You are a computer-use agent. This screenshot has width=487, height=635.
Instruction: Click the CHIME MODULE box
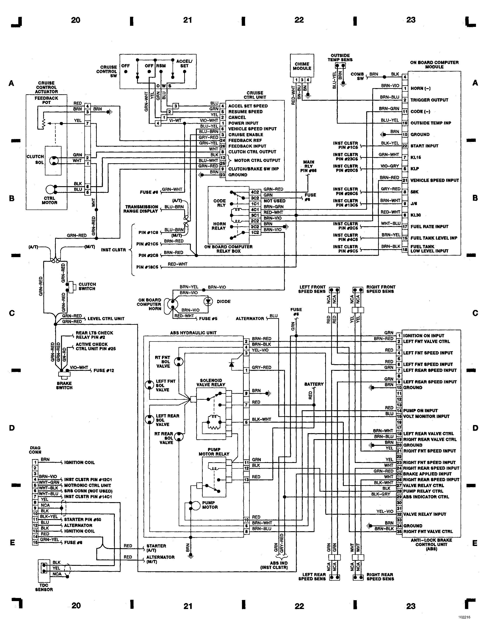tap(302, 66)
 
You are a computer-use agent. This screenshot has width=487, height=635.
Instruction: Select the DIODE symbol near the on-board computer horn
tap(208, 301)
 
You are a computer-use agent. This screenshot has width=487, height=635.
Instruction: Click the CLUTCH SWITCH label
tap(87, 286)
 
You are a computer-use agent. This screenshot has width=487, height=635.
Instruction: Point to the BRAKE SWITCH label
tap(64, 385)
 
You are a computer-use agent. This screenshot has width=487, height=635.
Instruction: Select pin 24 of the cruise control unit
tap(223, 141)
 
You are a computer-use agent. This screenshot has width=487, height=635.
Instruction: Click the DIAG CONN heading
tap(35, 450)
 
